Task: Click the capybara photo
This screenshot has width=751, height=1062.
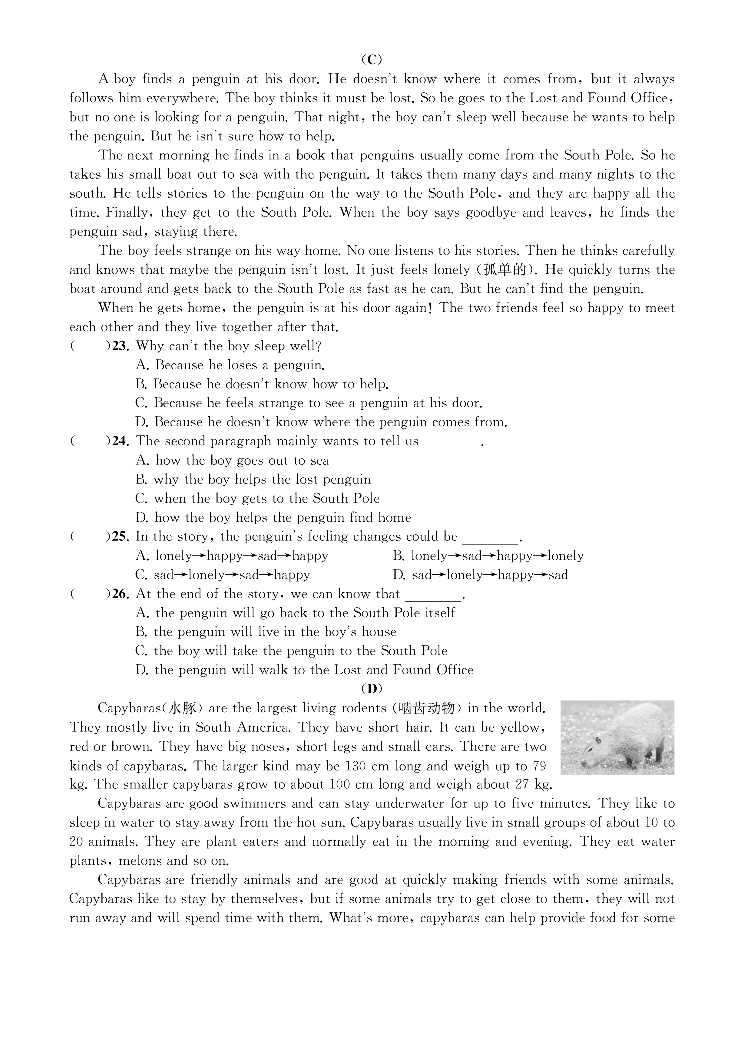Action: [x=617, y=737]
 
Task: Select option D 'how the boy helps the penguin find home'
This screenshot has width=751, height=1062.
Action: [x=273, y=518]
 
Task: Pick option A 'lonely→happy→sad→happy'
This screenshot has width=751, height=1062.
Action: [x=232, y=556]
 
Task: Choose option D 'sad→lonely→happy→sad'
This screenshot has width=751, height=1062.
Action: [x=480, y=575]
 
